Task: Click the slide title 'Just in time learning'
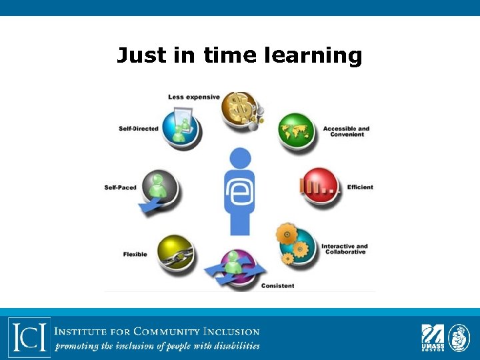tap(239, 55)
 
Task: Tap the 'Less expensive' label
tap(194, 97)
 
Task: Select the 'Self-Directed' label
tap(139, 128)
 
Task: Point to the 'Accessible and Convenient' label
tap(346, 131)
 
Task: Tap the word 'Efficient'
tap(360, 187)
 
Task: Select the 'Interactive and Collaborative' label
tap(344, 249)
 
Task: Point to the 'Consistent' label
tap(277, 285)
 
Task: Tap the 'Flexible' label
tap(135, 254)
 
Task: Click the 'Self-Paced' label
tap(120, 187)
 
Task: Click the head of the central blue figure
tap(240, 158)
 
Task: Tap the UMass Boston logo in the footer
tap(432, 337)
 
